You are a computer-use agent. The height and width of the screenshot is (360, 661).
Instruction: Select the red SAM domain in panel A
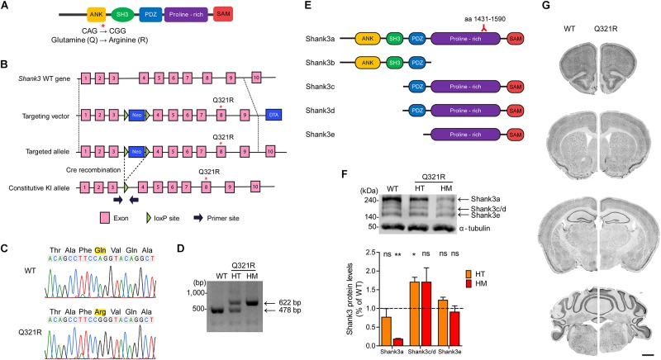point(223,15)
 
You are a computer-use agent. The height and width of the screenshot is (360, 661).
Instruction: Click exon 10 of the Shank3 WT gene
point(257,78)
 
